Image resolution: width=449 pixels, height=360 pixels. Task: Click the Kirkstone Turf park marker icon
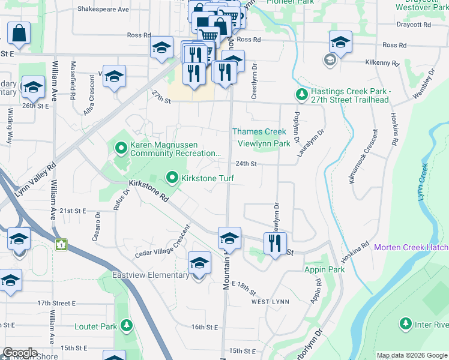tap(173, 178)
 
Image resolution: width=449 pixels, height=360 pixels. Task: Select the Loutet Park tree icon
tap(126, 326)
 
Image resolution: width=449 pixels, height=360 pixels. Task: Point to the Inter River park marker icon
tap(406, 324)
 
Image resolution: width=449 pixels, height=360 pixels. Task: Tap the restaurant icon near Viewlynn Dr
tap(275, 244)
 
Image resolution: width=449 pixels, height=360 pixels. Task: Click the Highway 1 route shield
tap(61, 245)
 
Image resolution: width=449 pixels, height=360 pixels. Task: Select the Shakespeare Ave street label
tap(103, 10)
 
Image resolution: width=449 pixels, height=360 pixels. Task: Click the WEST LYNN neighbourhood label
tap(270, 301)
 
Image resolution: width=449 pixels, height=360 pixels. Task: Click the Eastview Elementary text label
tap(151, 275)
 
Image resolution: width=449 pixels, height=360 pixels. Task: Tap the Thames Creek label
tap(259, 131)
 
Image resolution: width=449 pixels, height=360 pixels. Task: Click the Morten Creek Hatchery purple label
tap(411, 247)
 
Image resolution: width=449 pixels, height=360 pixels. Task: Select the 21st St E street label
tap(73, 211)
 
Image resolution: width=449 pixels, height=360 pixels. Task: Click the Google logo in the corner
tap(20, 353)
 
